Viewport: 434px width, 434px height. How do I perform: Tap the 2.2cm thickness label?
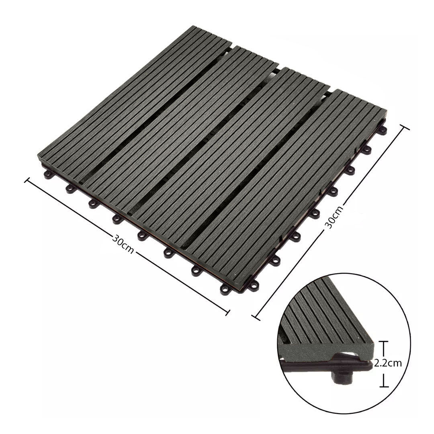click(388, 364)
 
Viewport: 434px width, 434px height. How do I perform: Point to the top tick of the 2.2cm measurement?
click(384, 342)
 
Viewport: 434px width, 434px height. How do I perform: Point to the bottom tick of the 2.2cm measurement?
click(384, 387)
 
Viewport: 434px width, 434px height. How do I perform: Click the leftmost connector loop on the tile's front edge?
click(49, 175)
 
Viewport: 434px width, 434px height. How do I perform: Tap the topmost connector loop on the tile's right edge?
click(382, 130)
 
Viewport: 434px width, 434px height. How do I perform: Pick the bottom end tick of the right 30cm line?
click(256, 317)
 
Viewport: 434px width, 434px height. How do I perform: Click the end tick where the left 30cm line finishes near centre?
click(228, 313)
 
